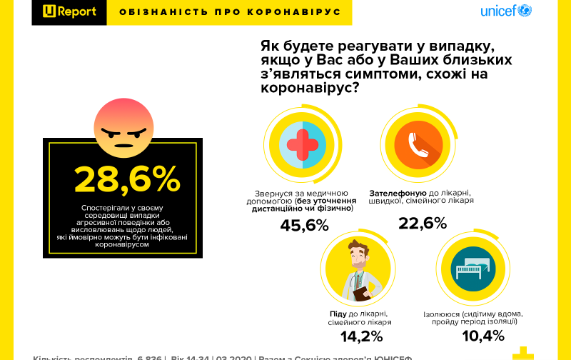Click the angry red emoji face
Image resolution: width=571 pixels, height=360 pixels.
pyautogui.click(x=123, y=127)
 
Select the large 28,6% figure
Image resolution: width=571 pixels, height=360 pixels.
pyautogui.click(x=127, y=179)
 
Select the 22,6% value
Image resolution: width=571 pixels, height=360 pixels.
pyautogui.click(x=422, y=224)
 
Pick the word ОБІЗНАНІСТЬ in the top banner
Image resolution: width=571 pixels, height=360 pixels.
pyautogui.click(x=149, y=12)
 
